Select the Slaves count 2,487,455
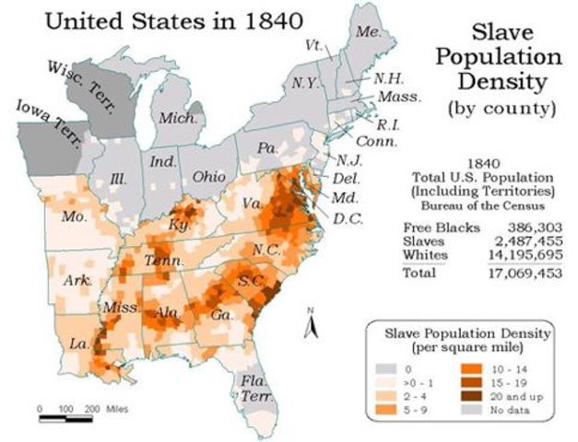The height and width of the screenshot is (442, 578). point(513,238)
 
